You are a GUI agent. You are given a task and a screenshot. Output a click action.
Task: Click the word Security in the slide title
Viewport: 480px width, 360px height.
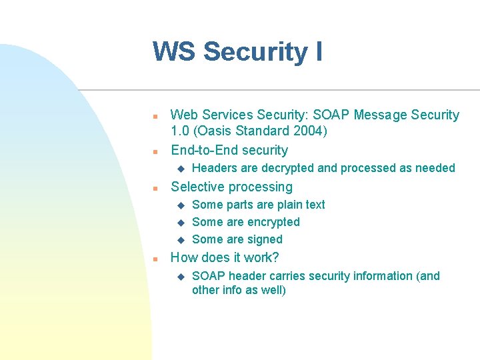253,52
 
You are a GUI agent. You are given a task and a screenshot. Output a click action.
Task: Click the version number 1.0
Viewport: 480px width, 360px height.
180,131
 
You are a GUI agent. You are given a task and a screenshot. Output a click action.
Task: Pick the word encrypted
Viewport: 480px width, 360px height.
273,222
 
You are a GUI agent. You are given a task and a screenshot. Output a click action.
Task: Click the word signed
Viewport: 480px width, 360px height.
265,239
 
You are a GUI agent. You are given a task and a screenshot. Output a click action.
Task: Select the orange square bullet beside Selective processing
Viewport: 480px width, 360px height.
155,188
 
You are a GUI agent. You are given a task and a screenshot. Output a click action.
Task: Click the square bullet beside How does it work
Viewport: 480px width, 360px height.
155,259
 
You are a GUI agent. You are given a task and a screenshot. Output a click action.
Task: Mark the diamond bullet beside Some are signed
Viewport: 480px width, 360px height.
179,240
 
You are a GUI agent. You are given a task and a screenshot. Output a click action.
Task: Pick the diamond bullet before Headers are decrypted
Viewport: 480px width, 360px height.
179,169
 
